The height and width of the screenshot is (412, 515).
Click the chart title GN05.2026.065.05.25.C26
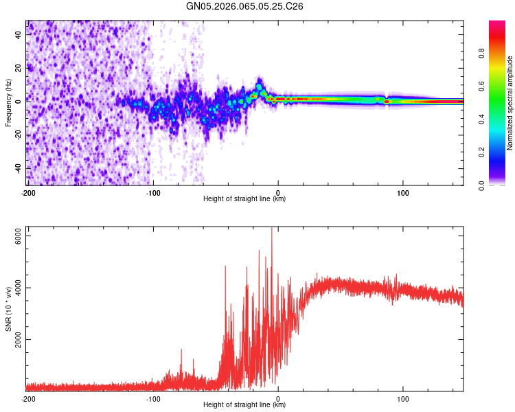[x=245, y=6]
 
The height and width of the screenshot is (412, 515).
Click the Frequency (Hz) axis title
[x=9, y=103]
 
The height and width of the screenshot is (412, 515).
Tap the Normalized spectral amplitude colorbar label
[x=510, y=103]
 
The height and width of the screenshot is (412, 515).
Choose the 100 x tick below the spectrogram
[x=403, y=192]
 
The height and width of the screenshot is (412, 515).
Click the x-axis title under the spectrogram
[x=245, y=199]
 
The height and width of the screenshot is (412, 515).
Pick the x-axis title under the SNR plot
[x=245, y=405]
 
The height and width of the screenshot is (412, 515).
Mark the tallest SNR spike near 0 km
[x=272, y=230]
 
